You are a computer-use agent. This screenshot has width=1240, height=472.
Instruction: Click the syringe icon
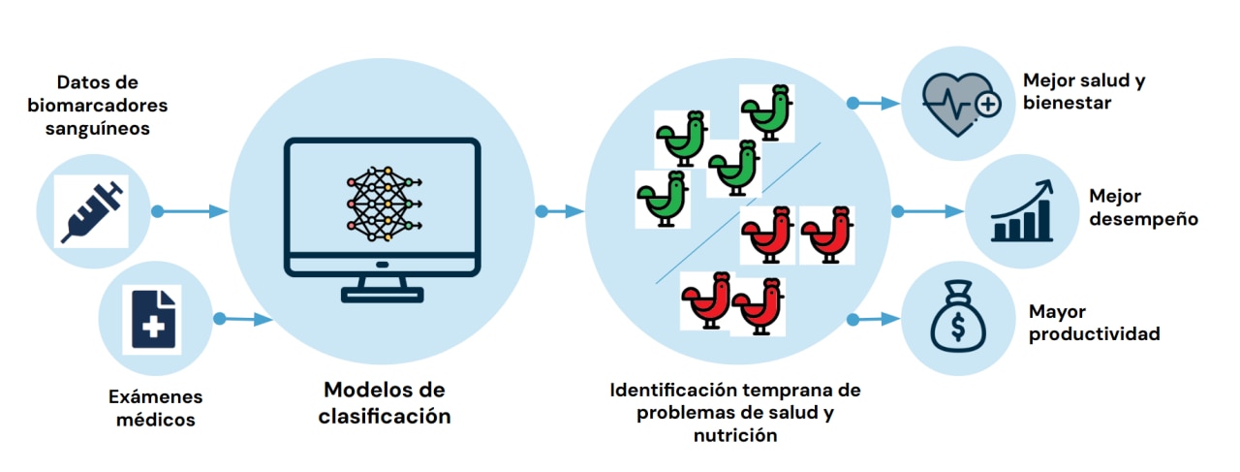(x=91, y=209)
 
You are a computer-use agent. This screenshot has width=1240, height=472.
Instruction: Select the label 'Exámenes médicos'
(x=155, y=408)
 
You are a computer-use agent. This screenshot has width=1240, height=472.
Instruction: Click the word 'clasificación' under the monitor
(x=385, y=417)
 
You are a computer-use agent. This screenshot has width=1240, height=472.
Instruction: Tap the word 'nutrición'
(x=735, y=435)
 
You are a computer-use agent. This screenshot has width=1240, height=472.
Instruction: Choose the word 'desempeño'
(x=1143, y=219)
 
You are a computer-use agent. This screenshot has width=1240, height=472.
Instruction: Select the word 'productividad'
(x=1094, y=334)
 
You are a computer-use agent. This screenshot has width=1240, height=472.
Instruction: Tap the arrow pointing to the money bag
(x=876, y=318)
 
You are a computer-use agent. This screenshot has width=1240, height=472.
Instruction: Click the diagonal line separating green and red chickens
(x=737, y=213)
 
